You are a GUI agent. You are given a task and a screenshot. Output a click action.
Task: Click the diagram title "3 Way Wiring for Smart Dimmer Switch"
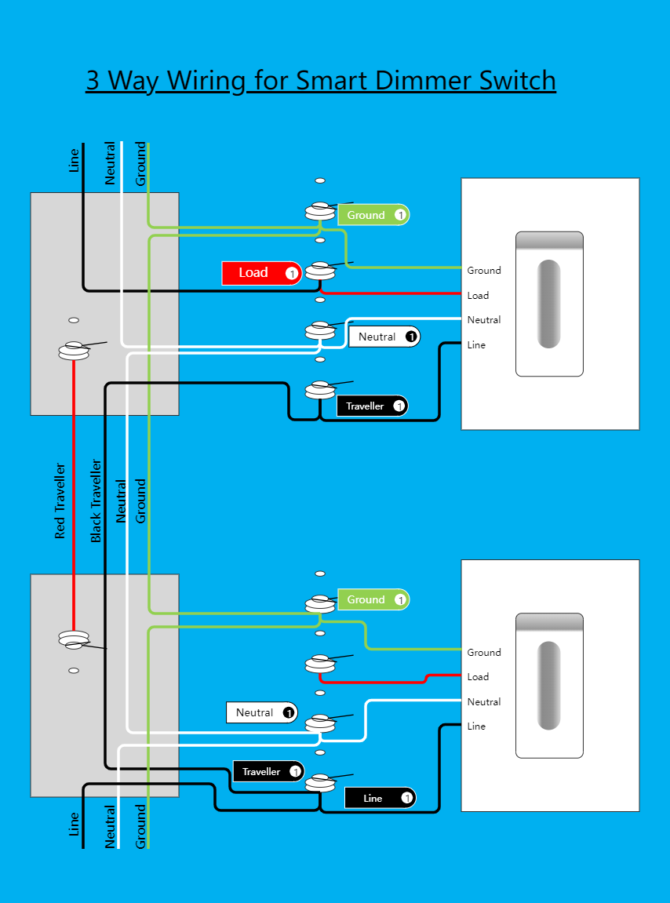pos(320,81)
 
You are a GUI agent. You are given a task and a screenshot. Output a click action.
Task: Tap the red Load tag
pos(261,273)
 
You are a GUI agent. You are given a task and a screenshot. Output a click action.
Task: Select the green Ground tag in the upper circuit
pos(373,215)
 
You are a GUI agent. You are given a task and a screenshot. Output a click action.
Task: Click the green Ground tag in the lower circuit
pos(373,599)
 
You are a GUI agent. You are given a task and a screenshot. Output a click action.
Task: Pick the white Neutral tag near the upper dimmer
pos(384,337)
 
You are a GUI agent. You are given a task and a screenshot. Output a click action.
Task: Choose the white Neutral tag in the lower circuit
pos(261,712)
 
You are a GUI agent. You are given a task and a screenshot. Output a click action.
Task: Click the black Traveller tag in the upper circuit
pos(373,406)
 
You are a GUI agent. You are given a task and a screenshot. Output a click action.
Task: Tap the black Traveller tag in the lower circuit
pos(268,772)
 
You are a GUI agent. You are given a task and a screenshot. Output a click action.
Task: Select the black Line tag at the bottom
pos(381,799)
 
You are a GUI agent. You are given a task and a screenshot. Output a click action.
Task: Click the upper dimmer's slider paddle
pos(549,304)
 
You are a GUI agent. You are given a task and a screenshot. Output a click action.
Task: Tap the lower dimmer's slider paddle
pos(549,686)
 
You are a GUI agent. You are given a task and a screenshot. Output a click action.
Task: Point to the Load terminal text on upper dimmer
pos(478,296)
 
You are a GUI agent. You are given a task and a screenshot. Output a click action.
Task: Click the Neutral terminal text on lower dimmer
pos(484,702)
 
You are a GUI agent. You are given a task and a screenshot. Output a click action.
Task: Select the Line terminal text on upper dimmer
pos(476,345)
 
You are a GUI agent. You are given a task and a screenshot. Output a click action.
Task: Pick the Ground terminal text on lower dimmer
pos(484,653)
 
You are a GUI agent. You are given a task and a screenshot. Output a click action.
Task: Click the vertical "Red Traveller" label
pos(60,501)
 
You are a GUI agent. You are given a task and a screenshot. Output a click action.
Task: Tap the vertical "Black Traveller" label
pos(96,501)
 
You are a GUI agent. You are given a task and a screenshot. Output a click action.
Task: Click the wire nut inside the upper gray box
pos(74,351)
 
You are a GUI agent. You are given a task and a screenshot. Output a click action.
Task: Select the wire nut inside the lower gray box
pos(74,640)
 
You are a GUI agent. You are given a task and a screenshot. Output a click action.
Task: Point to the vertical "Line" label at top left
pos(75,160)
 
